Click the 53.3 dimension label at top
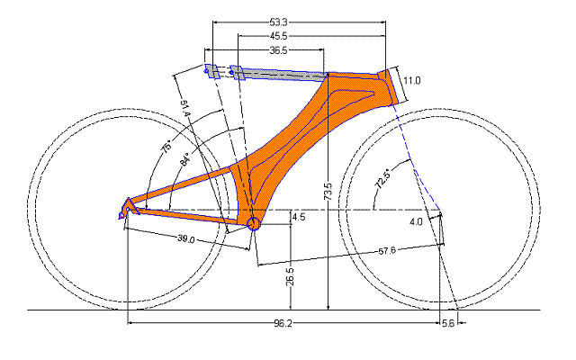(278, 22)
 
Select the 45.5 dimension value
(278, 36)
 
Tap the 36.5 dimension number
(278, 50)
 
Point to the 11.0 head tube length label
(412, 80)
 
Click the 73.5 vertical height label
(328, 192)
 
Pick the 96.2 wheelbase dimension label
(283, 323)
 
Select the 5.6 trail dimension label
(448, 323)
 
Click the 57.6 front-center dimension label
(387, 251)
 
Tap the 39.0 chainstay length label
(186, 238)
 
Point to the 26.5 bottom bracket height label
(290, 276)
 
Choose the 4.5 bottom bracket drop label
(299, 217)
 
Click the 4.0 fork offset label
(416, 222)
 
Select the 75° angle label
(166, 146)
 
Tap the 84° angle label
(185, 159)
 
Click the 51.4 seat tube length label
(184, 109)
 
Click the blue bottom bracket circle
(254, 223)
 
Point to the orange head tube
(388, 86)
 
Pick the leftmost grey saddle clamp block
(211, 71)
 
